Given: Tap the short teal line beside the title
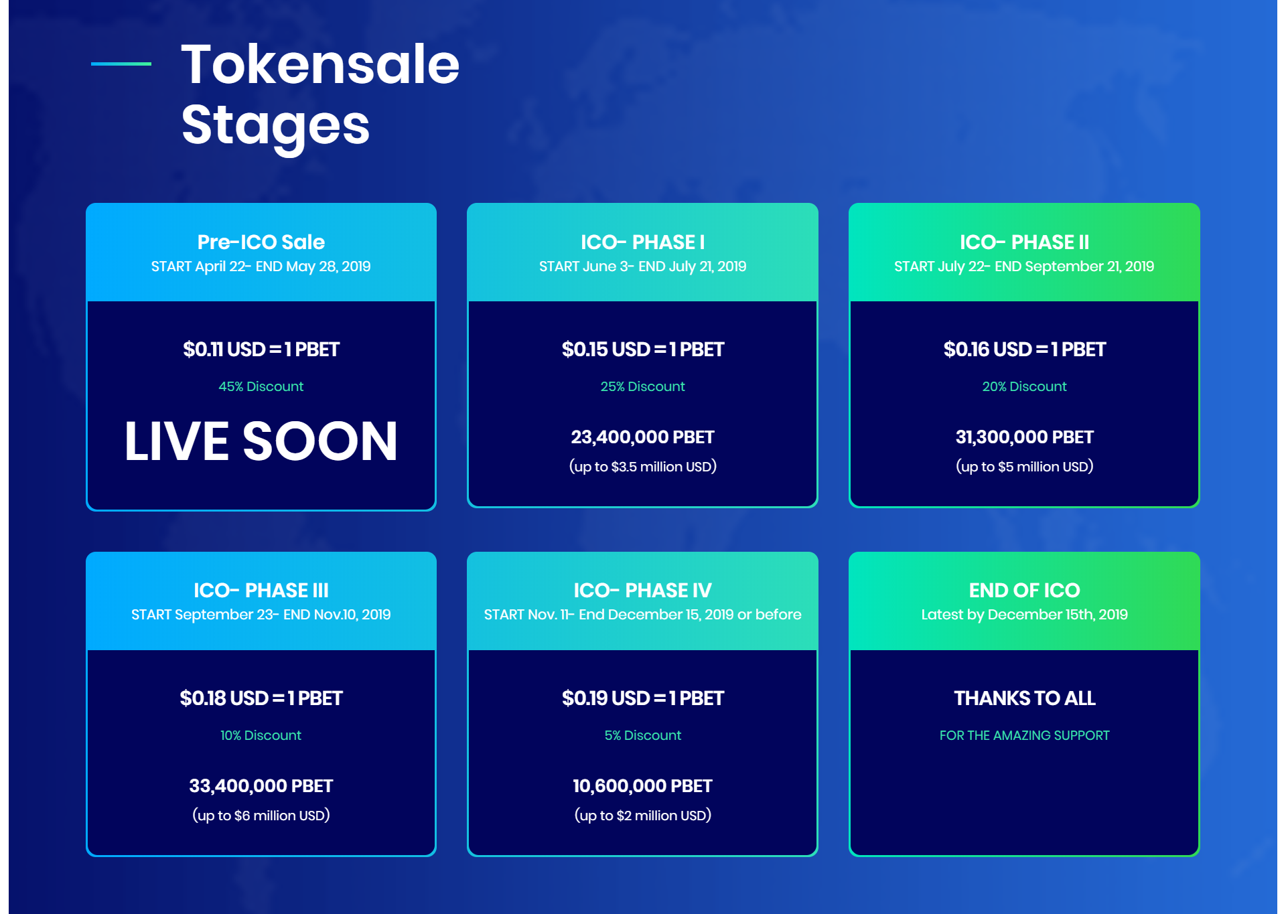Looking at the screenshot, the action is click(x=121, y=64).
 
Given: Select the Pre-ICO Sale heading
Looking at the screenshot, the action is click(x=261, y=242).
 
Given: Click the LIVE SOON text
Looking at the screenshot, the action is click(x=261, y=441).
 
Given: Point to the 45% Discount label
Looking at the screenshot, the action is click(x=261, y=386).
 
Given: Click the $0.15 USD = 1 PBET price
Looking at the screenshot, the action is click(x=643, y=350).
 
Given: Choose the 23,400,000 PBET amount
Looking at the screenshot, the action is click(x=643, y=437).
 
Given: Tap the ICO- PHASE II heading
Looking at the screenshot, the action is click(x=1025, y=242).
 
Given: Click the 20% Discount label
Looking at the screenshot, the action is click(x=1025, y=386).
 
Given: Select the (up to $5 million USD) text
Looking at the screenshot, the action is click(x=1025, y=467).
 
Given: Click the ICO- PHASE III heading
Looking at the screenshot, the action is click(x=261, y=590).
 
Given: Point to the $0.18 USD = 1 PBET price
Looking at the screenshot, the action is click(x=261, y=698).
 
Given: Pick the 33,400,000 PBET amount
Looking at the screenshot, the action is click(x=261, y=786).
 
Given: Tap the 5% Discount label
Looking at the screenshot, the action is click(x=643, y=735).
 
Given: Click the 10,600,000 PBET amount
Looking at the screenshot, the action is click(x=643, y=786).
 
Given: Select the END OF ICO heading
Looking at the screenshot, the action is click(x=1025, y=590).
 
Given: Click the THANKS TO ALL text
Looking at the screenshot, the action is click(x=1025, y=698).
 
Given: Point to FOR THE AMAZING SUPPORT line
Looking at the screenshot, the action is click(x=1025, y=735).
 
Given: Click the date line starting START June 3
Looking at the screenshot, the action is click(x=643, y=266).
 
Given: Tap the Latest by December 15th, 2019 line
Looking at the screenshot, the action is click(x=1025, y=615).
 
